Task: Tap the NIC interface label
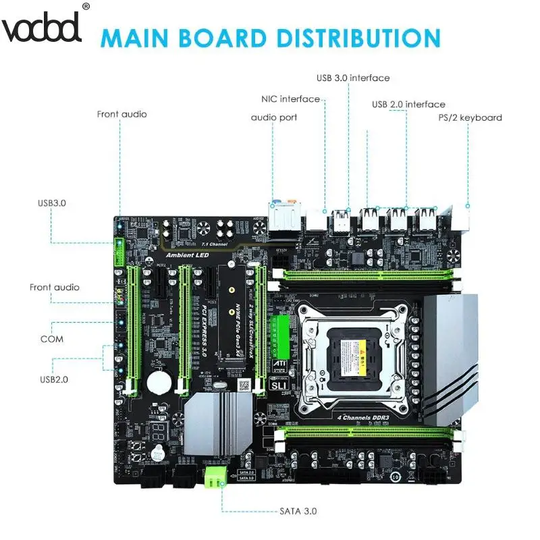coord(290,99)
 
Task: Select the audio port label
coord(274,117)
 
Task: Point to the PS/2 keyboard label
coord(470,117)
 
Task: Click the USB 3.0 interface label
coord(352,78)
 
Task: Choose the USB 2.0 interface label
coord(408,104)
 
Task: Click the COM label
coord(52,338)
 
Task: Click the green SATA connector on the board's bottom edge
coord(216,476)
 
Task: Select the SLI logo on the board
coord(279,382)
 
